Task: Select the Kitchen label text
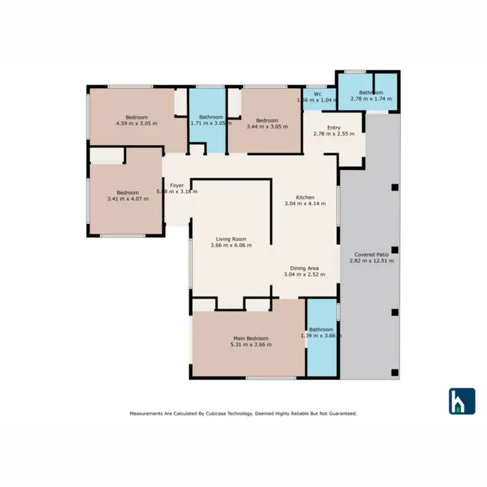pyautogui.click(x=305, y=197)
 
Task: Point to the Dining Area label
pyautogui.click(x=305, y=268)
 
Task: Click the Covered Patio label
pyautogui.click(x=372, y=254)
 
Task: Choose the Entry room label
pyautogui.click(x=334, y=127)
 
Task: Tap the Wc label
pyautogui.click(x=317, y=94)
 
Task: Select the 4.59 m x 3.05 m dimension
pyautogui.click(x=136, y=123)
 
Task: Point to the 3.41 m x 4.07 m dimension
pyautogui.click(x=128, y=199)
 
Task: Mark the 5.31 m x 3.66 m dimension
pyautogui.click(x=251, y=344)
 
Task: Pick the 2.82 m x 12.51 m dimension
pyautogui.click(x=372, y=260)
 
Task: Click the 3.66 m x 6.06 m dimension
pyautogui.click(x=231, y=245)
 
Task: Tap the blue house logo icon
pyautogui.click(x=462, y=401)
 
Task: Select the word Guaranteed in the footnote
pyautogui.click(x=339, y=413)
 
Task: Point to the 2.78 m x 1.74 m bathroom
pyautogui.click(x=367, y=95)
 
